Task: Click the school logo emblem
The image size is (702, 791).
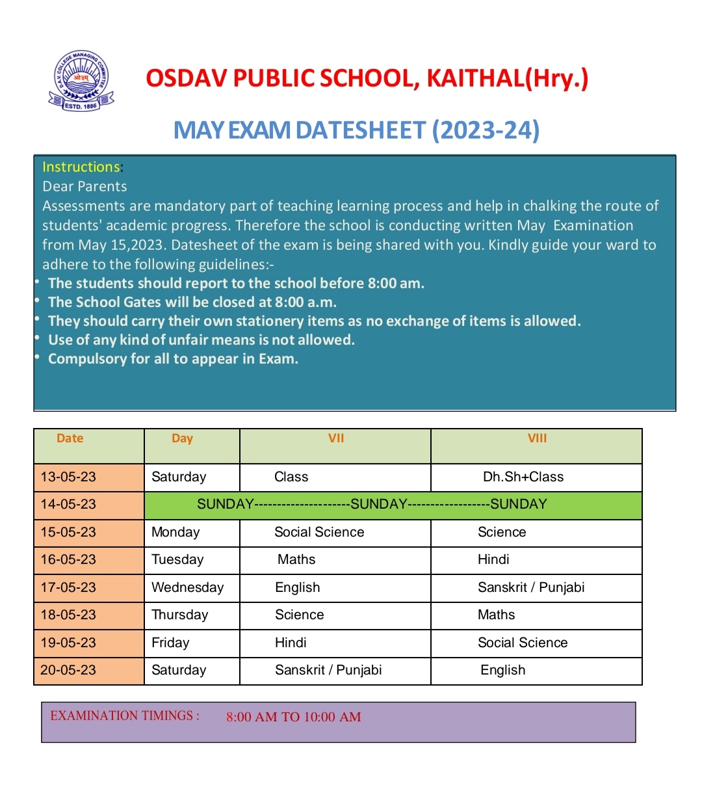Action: pos(81,81)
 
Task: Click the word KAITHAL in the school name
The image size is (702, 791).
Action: pos(474,79)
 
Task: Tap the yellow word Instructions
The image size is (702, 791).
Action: pos(81,167)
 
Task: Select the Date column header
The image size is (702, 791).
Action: pos(70,438)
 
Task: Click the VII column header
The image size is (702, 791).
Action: pos(336,438)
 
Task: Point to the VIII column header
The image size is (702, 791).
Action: pos(537,438)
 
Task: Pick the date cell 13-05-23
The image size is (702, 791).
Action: pos(68,477)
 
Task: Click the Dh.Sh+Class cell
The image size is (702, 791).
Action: pos(523,477)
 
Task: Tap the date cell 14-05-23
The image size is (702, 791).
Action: pos(68,504)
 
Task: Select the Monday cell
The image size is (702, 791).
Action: pos(175,532)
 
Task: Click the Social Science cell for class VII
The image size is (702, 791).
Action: pos(319,532)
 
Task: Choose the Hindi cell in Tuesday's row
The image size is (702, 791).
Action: pos(493,559)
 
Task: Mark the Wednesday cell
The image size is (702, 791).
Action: pos(187,587)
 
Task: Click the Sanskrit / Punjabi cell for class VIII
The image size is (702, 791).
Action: pos(531,587)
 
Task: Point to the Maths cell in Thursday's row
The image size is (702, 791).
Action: pos(496,615)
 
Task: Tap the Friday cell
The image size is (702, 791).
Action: pos(170,643)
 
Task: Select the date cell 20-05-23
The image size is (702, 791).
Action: pos(68,670)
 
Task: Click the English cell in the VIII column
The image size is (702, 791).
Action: pos(502,670)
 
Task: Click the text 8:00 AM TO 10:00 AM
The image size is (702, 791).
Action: pos(294,717)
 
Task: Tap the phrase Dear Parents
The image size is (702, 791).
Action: pos(84,187)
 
